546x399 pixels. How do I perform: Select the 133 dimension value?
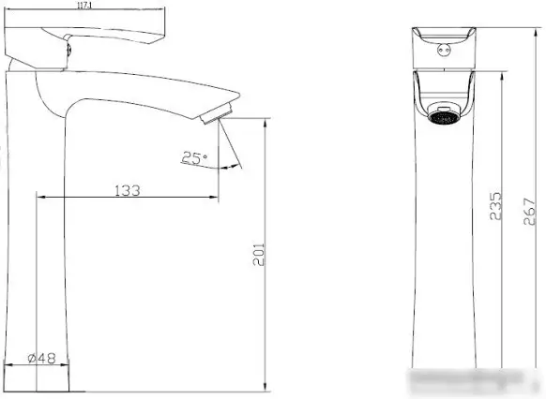point(127,190)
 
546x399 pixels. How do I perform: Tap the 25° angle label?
point(194,158)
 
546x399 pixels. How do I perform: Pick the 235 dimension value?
point(497,205)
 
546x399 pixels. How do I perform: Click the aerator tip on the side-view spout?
point(215,116)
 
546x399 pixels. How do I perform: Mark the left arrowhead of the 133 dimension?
point(40,198)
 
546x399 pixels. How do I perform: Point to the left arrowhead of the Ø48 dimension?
point(9,365)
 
